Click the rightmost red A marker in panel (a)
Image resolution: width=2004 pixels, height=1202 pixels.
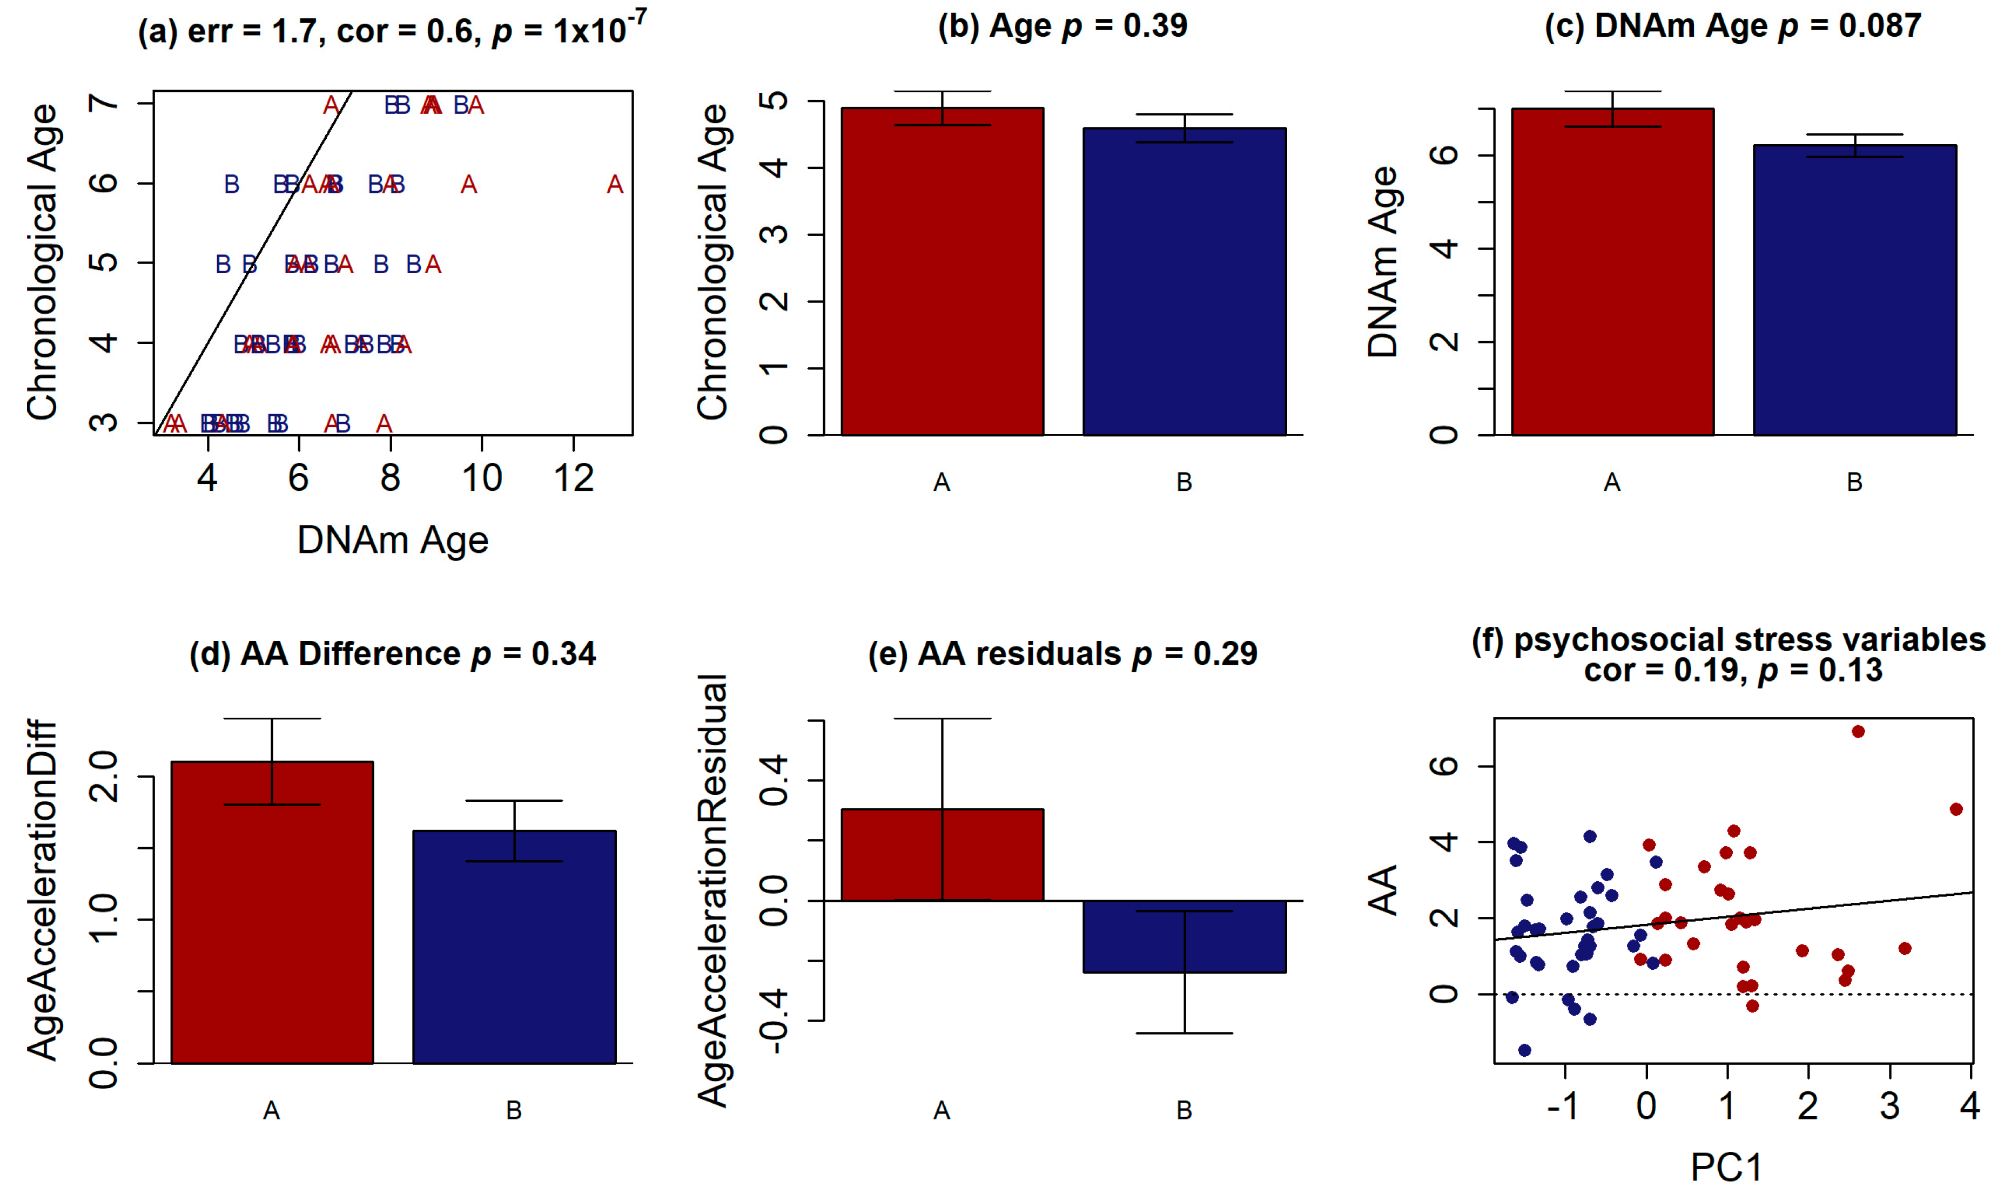click(x=615, y=186)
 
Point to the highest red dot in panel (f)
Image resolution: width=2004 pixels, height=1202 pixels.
click(x=1858, y=731)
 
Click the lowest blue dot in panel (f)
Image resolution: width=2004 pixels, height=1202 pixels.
click(x=1524, y=1050)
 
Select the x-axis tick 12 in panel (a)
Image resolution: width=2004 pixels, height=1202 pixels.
click(x=574, y=478)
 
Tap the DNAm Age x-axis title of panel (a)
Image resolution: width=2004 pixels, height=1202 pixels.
click(x=393, y=540)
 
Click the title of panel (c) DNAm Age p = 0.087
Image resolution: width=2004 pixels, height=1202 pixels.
click(x=1733, y=26)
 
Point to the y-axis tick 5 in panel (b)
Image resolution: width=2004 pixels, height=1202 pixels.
click(x=774, y=102)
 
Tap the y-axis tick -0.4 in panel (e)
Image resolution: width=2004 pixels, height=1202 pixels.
click(x=774, y=1021)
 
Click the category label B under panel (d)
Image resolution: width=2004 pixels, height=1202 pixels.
click(x=514, y=1110)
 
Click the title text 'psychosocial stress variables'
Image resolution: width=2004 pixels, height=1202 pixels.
click(x=1750, y=640)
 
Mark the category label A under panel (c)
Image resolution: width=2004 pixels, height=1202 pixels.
click(x=1612, y=483)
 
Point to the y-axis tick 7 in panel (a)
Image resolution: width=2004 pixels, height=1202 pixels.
click(x=104, y=103)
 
